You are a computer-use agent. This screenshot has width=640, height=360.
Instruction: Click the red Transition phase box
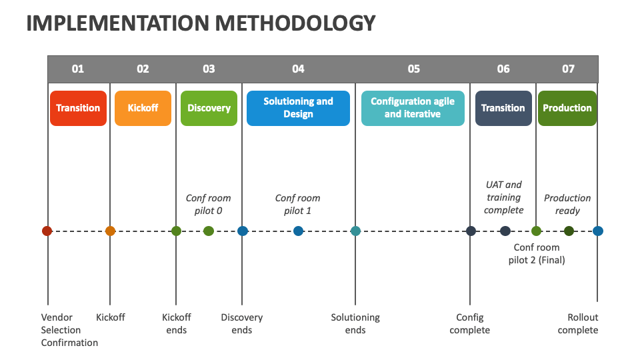click(x=78, y=108)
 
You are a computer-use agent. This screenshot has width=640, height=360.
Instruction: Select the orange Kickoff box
click(x=143, y=108)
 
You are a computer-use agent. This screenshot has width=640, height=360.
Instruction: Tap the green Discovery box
click(x=209, y=108)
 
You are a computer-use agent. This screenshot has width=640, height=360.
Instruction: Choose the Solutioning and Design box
click(x=299, y=108)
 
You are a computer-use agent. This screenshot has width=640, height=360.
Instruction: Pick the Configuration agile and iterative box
click(x=413, y=108)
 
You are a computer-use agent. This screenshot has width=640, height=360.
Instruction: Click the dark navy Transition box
click(x=503, y=108)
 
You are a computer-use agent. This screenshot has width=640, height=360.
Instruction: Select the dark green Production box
click(x=567, y=108)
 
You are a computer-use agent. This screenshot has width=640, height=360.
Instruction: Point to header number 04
click(x=299, y=69)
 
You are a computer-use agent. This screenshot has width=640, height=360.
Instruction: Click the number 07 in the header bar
click(x=568, y=69)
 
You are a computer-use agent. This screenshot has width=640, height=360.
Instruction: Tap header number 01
click(x=77, y=69)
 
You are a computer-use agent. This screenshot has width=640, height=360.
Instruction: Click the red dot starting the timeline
click(x=47, y=231)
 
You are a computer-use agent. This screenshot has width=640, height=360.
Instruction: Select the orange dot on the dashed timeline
click(x=110, y=231)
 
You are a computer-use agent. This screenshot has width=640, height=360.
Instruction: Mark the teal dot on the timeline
click(x=355, y=231)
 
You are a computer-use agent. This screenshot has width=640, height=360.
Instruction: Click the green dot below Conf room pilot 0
click(x=209, y=231)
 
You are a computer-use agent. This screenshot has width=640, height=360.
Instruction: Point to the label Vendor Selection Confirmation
click(x=69, y=330)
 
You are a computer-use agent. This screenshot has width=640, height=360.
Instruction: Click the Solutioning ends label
click(x=355, y=324)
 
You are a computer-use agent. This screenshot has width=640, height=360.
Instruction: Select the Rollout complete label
click(x=578, y=324)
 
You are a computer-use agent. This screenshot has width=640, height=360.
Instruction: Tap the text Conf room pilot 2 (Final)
click(x=537, y=253)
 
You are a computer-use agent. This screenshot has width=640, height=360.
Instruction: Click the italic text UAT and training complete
click(x=504, y=197)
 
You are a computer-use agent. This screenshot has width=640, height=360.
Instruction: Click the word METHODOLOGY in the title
click(x=295, y=23)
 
